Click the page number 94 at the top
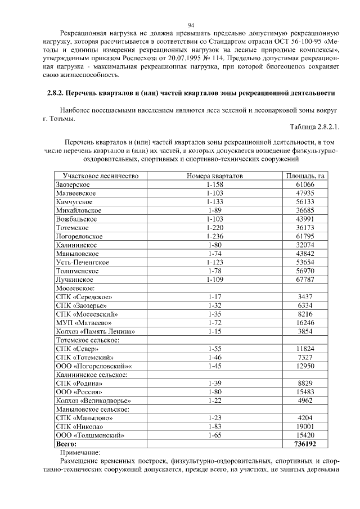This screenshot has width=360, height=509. [191, 25]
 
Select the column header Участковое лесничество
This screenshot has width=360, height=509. [101, 176]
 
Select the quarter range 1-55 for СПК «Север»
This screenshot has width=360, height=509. [214, 349]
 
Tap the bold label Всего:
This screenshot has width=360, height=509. [66, 443]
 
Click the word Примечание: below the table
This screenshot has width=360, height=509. [79, 452]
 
